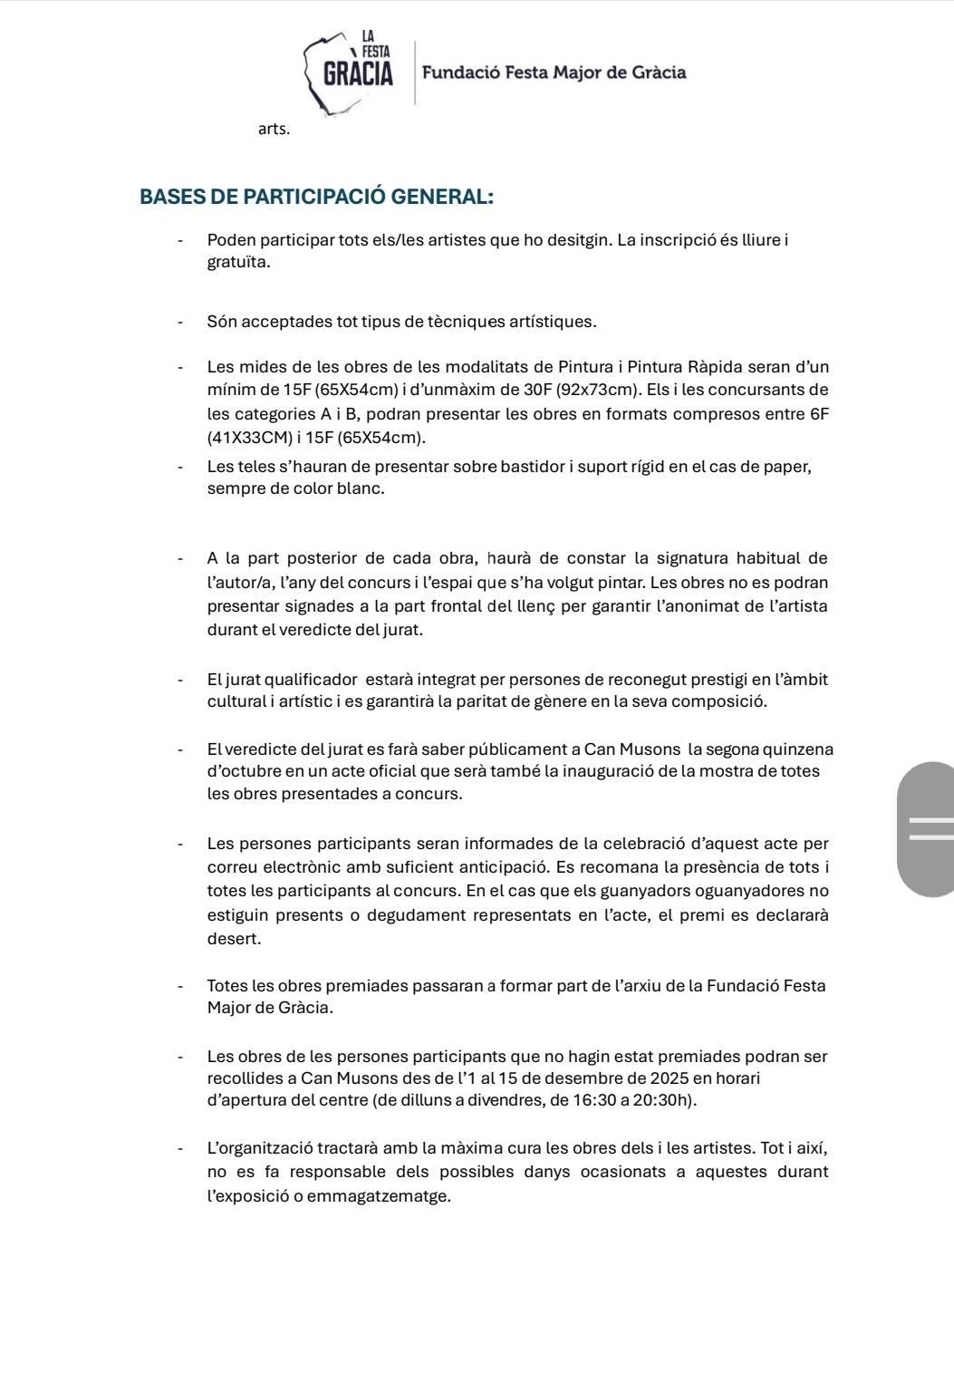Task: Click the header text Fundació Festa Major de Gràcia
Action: tap(554, 72)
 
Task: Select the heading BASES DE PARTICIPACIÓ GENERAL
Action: tap(316, 197)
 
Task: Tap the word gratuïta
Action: tap(237, 262)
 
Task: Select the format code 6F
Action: tap(819, 414)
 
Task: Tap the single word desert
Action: tap(234, 939)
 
